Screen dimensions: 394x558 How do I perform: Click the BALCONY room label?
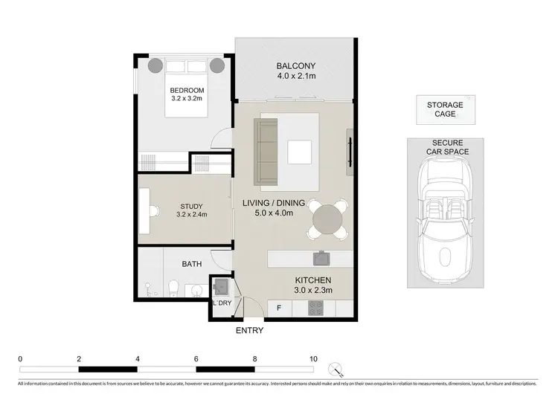point(292,70)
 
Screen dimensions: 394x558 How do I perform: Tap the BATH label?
point(192,263)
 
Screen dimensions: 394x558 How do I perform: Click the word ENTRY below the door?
point(249,330)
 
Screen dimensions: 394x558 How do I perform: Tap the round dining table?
point(328,219)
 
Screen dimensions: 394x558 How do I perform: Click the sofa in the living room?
point(266,152)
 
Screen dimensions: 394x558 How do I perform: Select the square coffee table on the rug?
point(301,151)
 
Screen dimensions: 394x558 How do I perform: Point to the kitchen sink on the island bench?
point(321,258)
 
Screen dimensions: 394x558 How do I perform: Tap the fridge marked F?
point(279,306)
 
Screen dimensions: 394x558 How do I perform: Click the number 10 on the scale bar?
point(313,358)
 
